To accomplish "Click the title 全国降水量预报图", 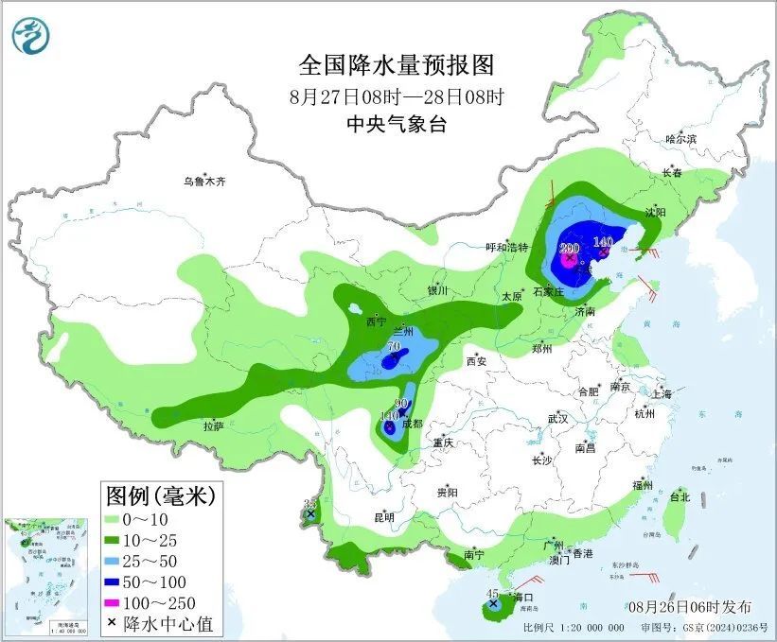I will coord(397,65).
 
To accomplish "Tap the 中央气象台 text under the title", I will coord(396,124).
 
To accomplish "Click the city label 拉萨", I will coord(213,426).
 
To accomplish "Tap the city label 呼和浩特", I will coord(506,247).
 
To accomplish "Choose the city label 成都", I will coord(412,425).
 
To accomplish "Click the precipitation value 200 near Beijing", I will coord(569,247).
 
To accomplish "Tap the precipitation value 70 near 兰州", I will coord(394,348).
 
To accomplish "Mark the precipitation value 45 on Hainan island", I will coord(492,593).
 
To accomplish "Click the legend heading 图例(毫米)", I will coord(160,495).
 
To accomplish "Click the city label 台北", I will coord(680,496).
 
